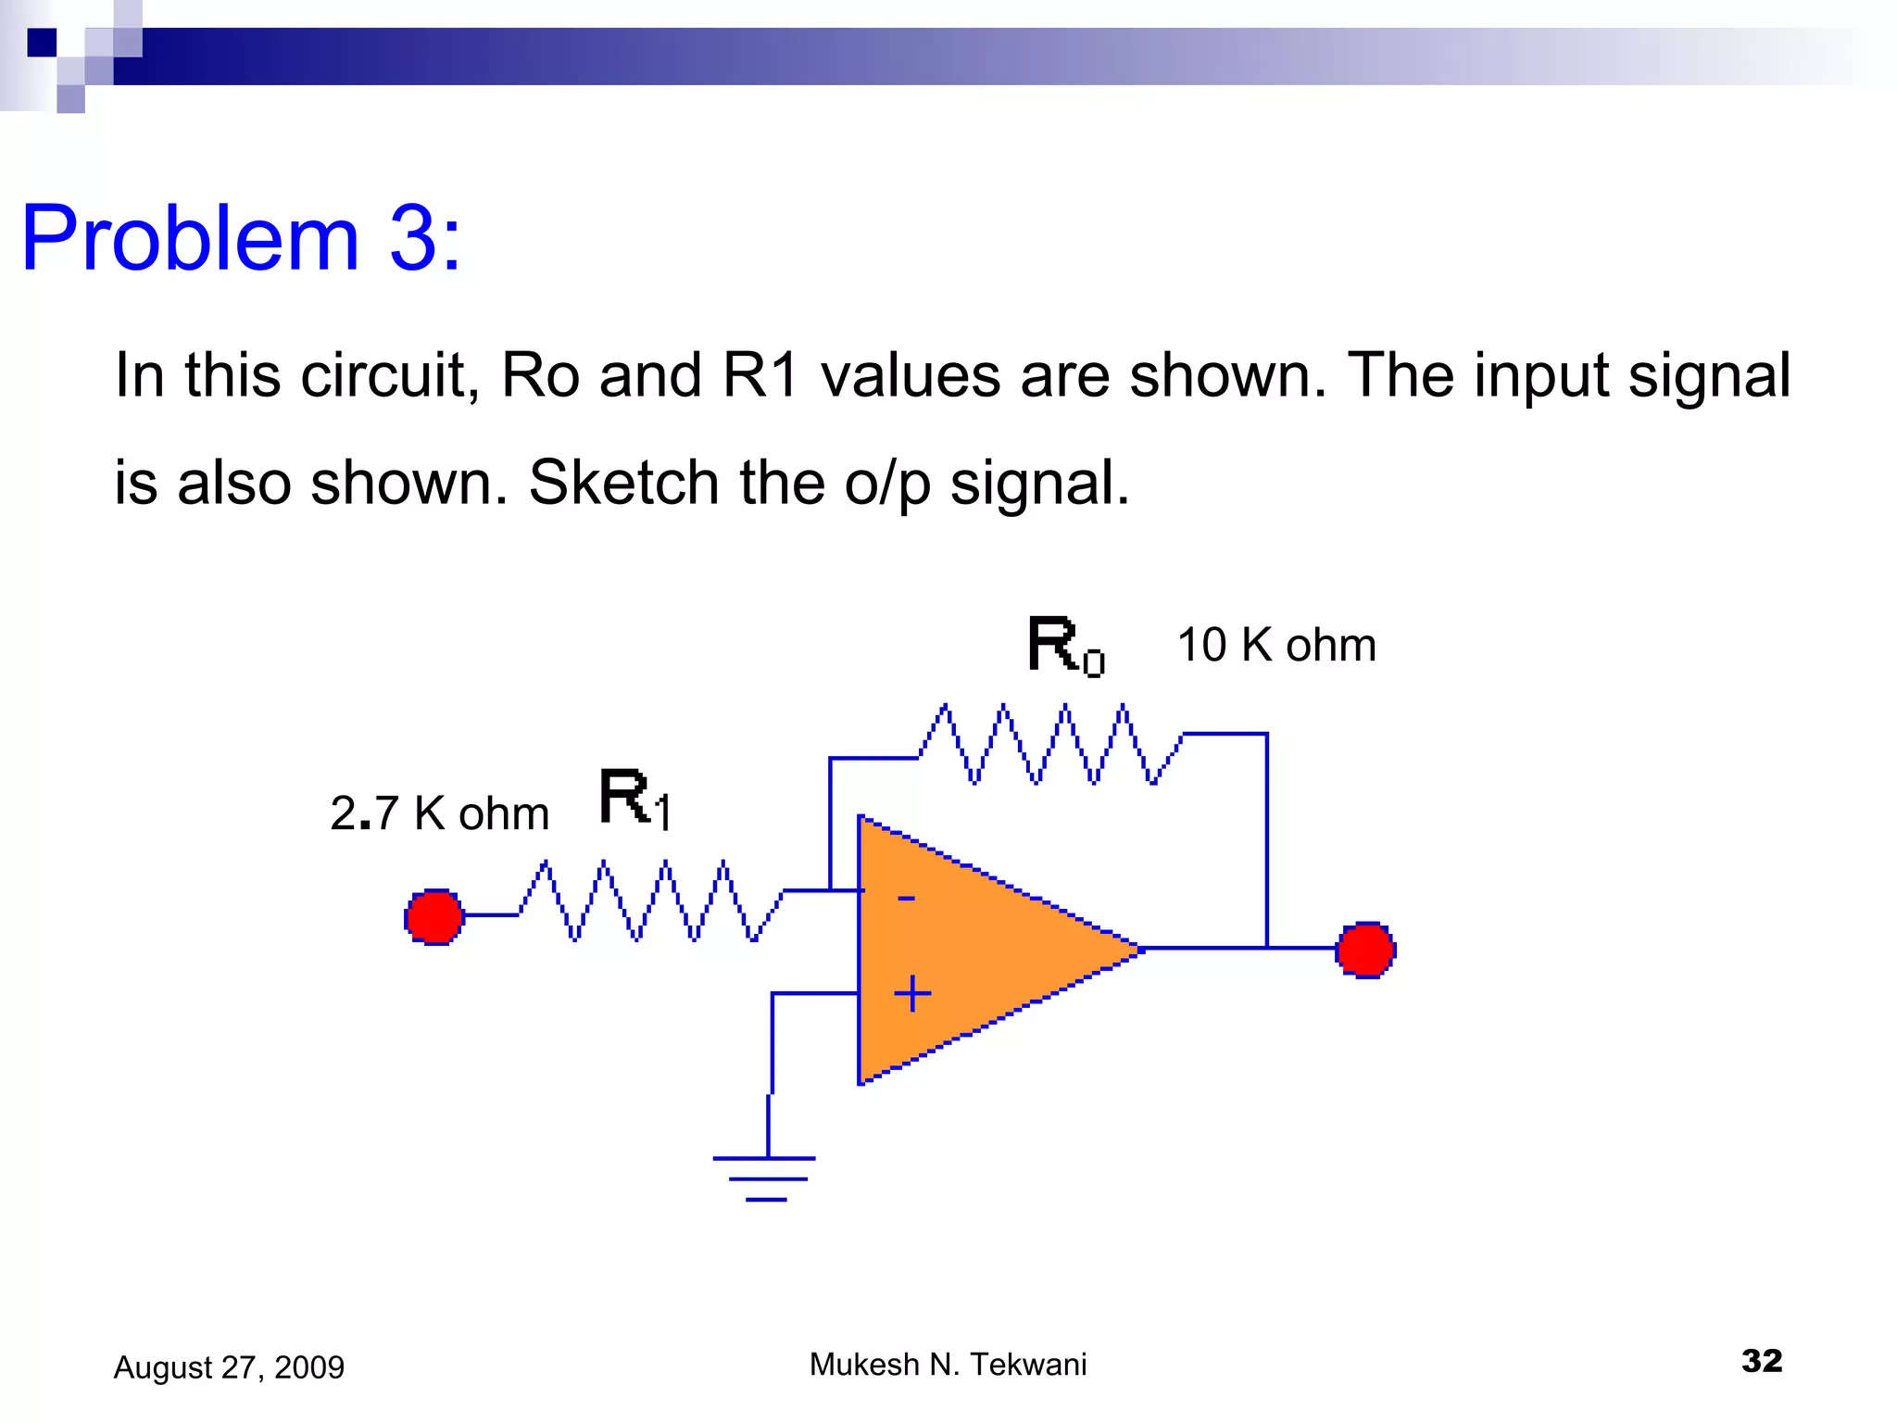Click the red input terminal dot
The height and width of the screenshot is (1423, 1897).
tap(433, 916)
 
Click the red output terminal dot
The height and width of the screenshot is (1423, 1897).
tap(1365, 950)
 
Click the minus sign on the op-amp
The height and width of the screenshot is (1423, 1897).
tap(906, 898)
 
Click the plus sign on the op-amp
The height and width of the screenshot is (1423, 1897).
tap(912, 993)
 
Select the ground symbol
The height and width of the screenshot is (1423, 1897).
tap(765, 1177)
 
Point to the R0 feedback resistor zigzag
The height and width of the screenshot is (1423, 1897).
tap(1050, 744)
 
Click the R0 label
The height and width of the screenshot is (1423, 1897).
tap(1065, 646)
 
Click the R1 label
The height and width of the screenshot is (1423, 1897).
tap(634, 799)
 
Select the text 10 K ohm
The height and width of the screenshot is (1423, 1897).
tap(1275, 645)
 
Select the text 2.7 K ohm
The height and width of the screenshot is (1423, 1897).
tap(439, 813)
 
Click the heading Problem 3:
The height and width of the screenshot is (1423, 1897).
tap(241, 238)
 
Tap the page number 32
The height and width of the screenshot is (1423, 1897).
tap(1761, 1360)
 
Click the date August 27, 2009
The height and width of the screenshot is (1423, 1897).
tap(229, 1366)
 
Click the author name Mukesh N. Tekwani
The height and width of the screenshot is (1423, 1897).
tap(948, 1364)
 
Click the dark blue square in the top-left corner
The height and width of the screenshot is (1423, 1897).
tap(42, 43)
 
